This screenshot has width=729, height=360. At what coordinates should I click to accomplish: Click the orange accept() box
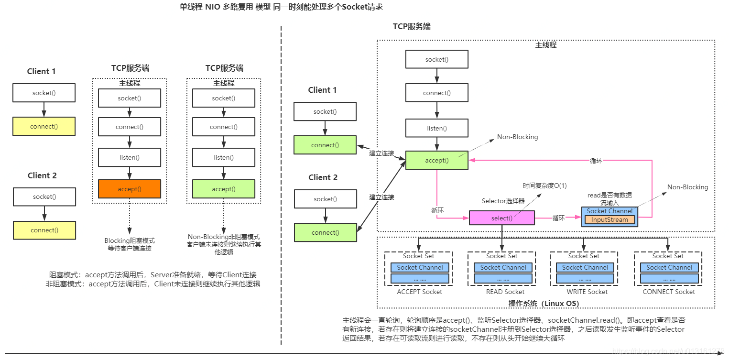(130, 189)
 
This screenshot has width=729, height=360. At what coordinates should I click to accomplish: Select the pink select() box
(501, 218)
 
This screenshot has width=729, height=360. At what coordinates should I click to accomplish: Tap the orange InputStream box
(609, 220)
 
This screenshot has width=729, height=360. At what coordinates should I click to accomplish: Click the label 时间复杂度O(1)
(544, 185)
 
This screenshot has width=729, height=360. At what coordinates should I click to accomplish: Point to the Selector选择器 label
(503, 201)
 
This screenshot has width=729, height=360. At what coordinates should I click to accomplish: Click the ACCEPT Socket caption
(419, 292)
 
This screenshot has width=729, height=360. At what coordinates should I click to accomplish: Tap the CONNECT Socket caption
(668, 292)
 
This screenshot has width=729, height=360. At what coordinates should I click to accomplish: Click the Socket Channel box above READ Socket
(503, 268)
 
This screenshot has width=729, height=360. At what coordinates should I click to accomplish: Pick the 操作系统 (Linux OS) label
(544, 304)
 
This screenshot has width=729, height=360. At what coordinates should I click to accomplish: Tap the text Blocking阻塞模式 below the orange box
(130, 240)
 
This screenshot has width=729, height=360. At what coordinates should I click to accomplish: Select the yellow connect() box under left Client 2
(44, 230)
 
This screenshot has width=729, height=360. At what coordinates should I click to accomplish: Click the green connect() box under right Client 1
(325, 145)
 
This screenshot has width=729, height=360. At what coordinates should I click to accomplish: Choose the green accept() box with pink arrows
(436, 160)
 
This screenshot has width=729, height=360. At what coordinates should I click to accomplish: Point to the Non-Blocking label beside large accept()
(517, 137)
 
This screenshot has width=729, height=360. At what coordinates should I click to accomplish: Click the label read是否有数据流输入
(609, 199)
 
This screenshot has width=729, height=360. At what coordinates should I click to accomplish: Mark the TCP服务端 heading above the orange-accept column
(130, 68)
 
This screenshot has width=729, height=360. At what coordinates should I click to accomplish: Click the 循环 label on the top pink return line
(596, 161)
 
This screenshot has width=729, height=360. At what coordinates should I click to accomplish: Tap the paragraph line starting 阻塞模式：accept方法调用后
(153, 275)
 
